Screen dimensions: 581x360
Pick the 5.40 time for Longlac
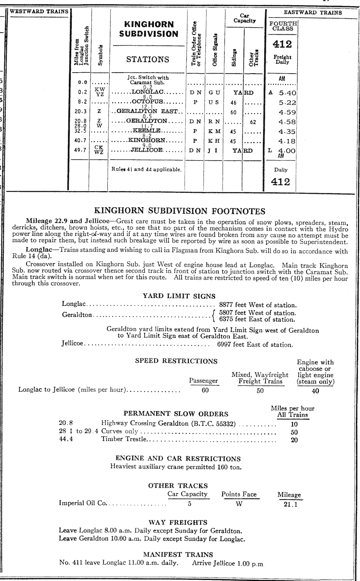tap(287, 93)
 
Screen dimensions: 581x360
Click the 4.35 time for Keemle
tap(287, 132)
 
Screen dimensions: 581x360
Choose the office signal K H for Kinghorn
tap(213, 141)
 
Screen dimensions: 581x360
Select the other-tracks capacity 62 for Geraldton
tap(253, 122)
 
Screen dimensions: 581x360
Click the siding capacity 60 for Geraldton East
tap(234, 112)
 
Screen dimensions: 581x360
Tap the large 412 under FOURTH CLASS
tap(282, 44)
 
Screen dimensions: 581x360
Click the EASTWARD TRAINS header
tap(313, 13)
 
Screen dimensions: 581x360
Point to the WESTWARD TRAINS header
tap(39, 11)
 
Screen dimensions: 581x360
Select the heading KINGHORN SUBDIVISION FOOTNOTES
tap(179, 211)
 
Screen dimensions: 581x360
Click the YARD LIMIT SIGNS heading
tap(179, 296)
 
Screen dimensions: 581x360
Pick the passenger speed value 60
tap(205, 390)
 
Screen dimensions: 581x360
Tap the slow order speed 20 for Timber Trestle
tap(294, 440)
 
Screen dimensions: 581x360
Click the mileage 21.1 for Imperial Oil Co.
tap(290, 504)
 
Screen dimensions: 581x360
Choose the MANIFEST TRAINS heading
tap(178, 554)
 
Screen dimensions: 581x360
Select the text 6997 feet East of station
tap(255, 344)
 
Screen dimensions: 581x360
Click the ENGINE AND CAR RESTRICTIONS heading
tap(178, 459)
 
